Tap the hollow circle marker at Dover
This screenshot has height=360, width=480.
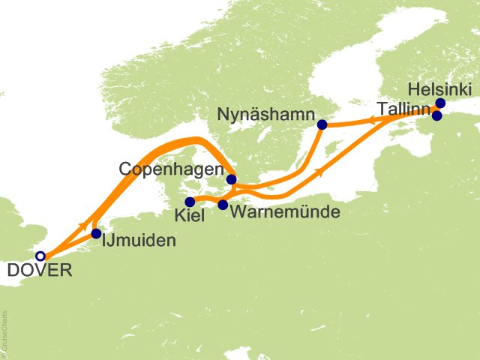coord(40,256)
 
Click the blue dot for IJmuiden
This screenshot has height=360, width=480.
coord(96,234)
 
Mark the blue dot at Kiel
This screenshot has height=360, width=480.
coord(190,202)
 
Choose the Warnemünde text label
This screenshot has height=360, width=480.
coord(286,212)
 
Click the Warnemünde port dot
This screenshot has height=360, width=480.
coord(223,204)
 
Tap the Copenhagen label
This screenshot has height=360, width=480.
coord(172,169)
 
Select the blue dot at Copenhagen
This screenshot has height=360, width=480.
coord(232,179)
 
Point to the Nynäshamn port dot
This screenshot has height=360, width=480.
coord(322,124)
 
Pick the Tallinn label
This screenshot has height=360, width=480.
coord(404,109)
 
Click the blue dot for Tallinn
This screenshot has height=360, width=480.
coord(437,115)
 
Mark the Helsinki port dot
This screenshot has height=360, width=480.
coord(440,103)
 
